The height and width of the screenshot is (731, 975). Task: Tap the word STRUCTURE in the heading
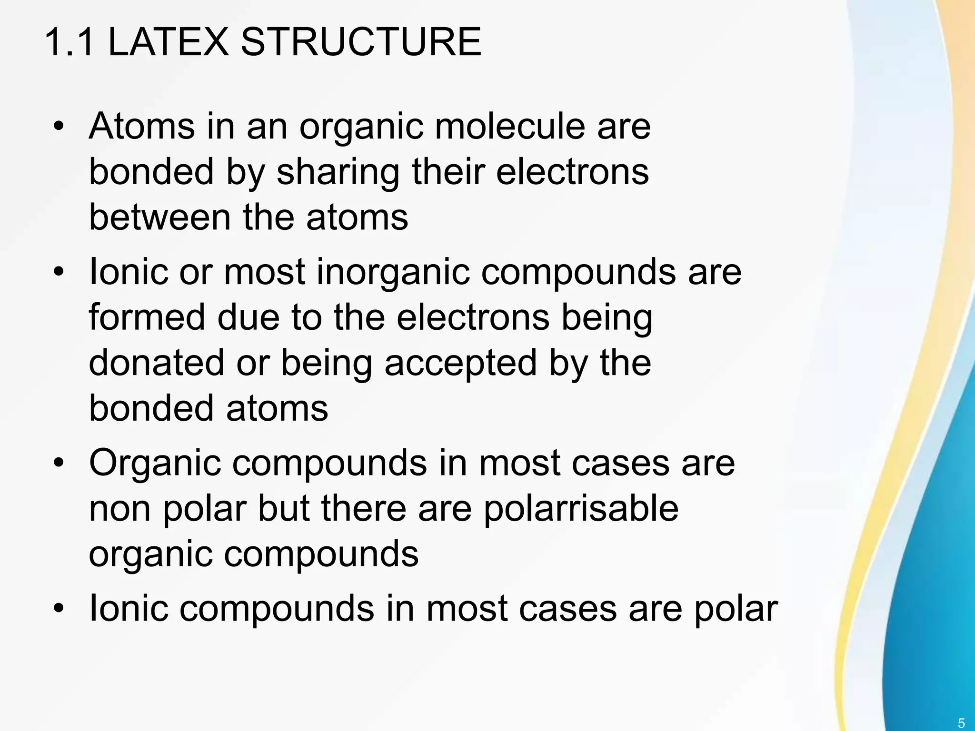361,43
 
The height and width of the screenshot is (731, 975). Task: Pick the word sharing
338,172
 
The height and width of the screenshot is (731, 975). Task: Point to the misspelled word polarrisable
581,509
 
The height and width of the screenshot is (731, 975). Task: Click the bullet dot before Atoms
58,128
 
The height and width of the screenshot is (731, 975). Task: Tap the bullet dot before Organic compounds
58,463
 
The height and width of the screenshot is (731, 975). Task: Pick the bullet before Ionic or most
58,273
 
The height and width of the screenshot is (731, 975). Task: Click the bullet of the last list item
58,609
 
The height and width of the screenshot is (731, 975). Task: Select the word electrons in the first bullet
572,172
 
